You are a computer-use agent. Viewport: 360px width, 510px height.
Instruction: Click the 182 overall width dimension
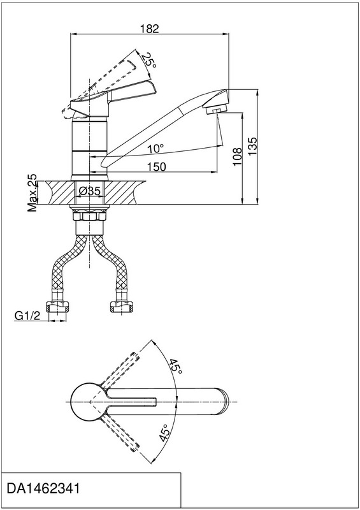tap(150, 29)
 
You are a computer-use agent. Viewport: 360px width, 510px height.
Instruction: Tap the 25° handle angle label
tap(149, 61)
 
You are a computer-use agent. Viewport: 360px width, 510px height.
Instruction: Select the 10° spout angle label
tap(155, 149)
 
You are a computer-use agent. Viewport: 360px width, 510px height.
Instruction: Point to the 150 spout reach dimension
tap(156, 167)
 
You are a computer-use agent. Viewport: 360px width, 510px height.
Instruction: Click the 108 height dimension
tap(238, 156)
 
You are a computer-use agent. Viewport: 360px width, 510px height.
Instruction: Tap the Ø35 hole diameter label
tap(89, 191)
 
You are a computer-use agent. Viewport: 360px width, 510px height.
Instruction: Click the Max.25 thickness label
tap(32, 193)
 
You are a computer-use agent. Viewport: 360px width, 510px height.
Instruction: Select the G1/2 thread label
tap(27, 316)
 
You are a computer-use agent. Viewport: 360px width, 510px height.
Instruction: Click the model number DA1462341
tap(43, 488)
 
